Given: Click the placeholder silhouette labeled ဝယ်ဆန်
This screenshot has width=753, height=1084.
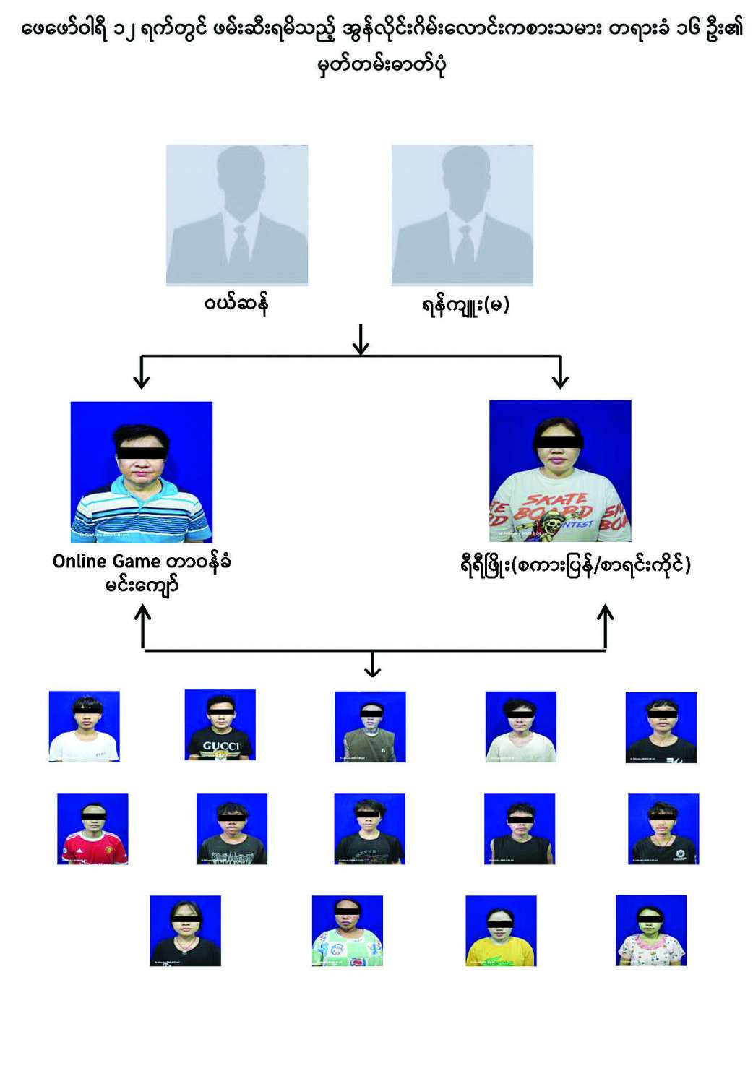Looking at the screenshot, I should click(237, 215).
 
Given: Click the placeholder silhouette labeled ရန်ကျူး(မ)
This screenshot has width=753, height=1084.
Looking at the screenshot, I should click(462, 215).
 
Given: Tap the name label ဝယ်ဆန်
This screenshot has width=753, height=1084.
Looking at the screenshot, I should click(236, 304).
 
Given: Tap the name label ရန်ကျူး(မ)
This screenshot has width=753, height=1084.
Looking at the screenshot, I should click(466, 305).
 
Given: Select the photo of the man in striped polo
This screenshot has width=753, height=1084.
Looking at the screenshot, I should click(142, 472).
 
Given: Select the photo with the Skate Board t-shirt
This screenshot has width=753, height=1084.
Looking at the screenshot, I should click(560, 470).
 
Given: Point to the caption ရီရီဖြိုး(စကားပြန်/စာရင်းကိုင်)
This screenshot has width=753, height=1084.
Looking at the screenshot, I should click(575, 564).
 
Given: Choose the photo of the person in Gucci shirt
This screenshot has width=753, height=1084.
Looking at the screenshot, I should click(220, 725).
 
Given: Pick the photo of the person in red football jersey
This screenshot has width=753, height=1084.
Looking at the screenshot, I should click(92, 829).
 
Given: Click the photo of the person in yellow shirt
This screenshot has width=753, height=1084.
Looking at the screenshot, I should click(501, 931).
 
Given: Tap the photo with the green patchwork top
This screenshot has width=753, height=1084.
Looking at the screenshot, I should click(348, 931).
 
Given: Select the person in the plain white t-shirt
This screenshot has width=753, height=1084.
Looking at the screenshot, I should click(84, 726).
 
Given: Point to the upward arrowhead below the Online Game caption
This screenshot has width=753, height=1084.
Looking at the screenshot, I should click(143, 613).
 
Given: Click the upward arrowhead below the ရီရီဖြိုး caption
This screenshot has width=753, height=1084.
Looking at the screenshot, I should click(606, 613).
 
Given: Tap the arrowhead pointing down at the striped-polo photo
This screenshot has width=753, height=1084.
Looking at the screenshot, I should click(142, 380).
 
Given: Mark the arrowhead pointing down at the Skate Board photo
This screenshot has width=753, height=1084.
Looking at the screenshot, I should click(560, 380).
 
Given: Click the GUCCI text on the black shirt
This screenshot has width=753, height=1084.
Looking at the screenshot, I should click(220, 746).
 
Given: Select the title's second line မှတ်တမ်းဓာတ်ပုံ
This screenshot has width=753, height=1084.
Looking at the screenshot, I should click(382, 65).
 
